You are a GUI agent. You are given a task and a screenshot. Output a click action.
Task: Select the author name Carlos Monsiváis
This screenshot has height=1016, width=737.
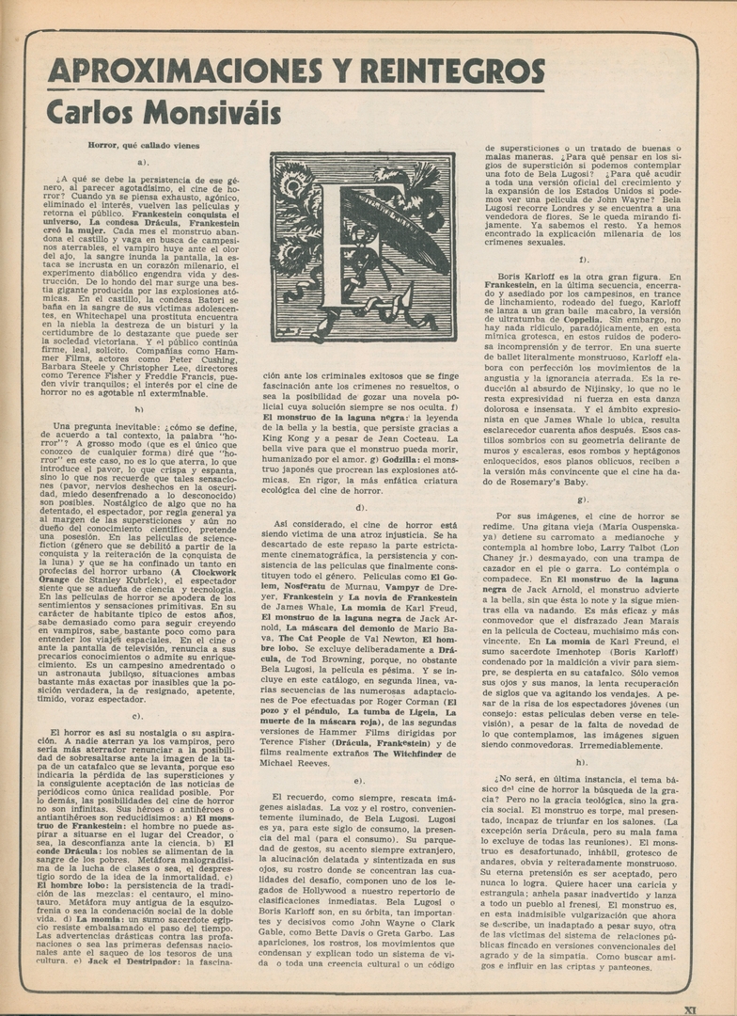click(x=164, y=113)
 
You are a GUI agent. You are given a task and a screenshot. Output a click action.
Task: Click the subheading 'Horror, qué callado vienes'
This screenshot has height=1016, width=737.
click(x=143, y=146)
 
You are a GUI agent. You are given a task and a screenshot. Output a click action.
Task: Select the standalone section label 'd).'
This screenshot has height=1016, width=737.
click(x=361, y=507)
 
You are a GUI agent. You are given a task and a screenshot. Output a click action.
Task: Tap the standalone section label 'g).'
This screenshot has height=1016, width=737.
click(x=583, y=499)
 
